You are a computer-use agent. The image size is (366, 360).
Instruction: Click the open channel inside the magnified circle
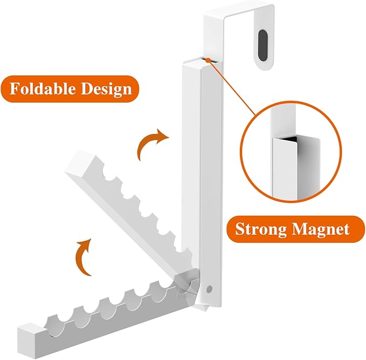286,162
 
